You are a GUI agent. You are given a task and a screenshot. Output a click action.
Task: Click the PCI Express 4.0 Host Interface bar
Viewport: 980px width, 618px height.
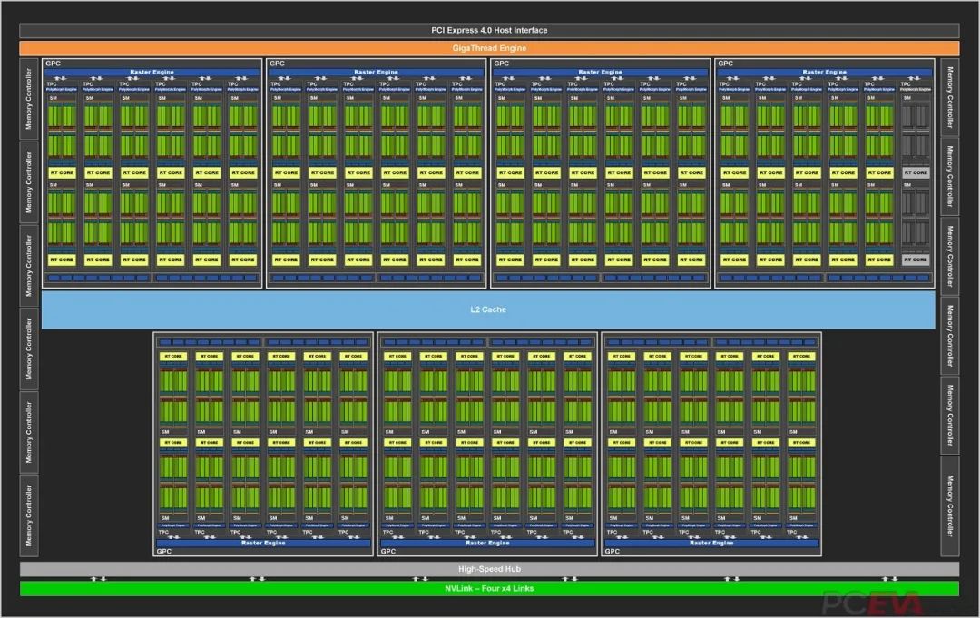coord(489,30)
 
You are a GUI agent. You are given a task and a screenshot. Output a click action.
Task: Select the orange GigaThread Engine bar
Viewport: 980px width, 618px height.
coord(489,47)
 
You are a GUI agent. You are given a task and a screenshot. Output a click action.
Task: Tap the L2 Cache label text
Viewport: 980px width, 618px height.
coord(488,309)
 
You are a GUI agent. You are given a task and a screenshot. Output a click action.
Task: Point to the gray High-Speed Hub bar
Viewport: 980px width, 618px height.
coord(489,569)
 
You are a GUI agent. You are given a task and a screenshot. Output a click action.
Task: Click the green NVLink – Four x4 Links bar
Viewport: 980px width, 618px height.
coord(489,588)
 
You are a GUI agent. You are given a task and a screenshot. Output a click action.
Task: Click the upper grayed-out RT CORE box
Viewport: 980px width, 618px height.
coord(915,172)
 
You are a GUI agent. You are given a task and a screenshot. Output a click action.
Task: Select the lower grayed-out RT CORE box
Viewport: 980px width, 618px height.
coord(915,260)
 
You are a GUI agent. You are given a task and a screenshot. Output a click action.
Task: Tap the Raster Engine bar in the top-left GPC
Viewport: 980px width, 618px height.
coord(152,72)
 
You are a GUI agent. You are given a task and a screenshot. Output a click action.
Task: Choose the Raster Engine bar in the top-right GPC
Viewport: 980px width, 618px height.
coord(824,72)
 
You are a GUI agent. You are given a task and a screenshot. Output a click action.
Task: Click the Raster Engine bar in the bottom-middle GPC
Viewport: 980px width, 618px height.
coord(487,543)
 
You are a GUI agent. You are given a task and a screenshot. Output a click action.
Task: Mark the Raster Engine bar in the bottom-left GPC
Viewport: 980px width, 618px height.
coord(263,543)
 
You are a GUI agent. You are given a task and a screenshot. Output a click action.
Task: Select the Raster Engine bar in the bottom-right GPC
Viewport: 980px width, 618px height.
coord(711,543)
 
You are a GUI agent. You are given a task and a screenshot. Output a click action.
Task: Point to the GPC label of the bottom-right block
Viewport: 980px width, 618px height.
coord(612,551)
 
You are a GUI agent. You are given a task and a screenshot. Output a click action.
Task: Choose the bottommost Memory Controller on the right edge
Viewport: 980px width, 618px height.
coord(950,512)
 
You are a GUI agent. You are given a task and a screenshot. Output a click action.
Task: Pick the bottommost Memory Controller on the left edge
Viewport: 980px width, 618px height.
coord(29,513)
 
